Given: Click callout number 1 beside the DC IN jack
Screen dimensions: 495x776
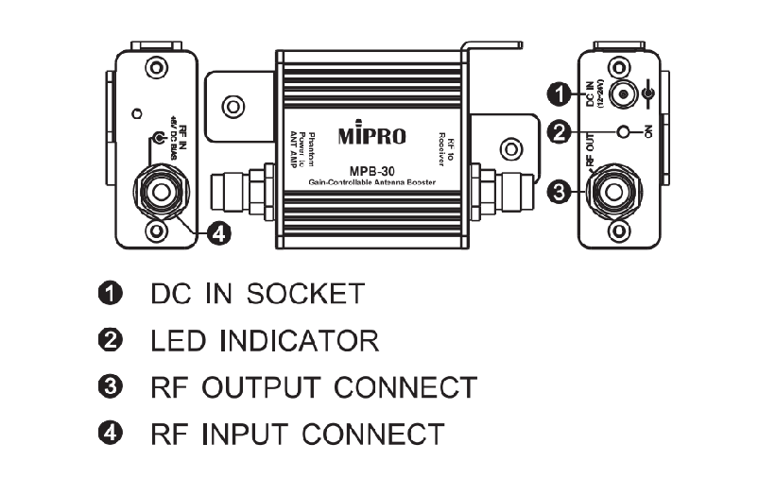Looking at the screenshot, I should tap(560, 93).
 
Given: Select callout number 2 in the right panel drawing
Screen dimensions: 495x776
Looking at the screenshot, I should tap(560, 133).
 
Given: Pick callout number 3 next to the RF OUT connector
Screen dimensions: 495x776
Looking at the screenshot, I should tap(560, 192).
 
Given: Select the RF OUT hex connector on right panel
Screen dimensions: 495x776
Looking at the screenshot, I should tap(619, 192).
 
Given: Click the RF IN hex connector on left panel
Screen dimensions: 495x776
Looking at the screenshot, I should tap(156, 192).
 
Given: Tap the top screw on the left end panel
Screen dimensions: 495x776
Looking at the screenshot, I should tap(156, 68).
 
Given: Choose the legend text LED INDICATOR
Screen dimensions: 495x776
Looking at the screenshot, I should tap(264, 340).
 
